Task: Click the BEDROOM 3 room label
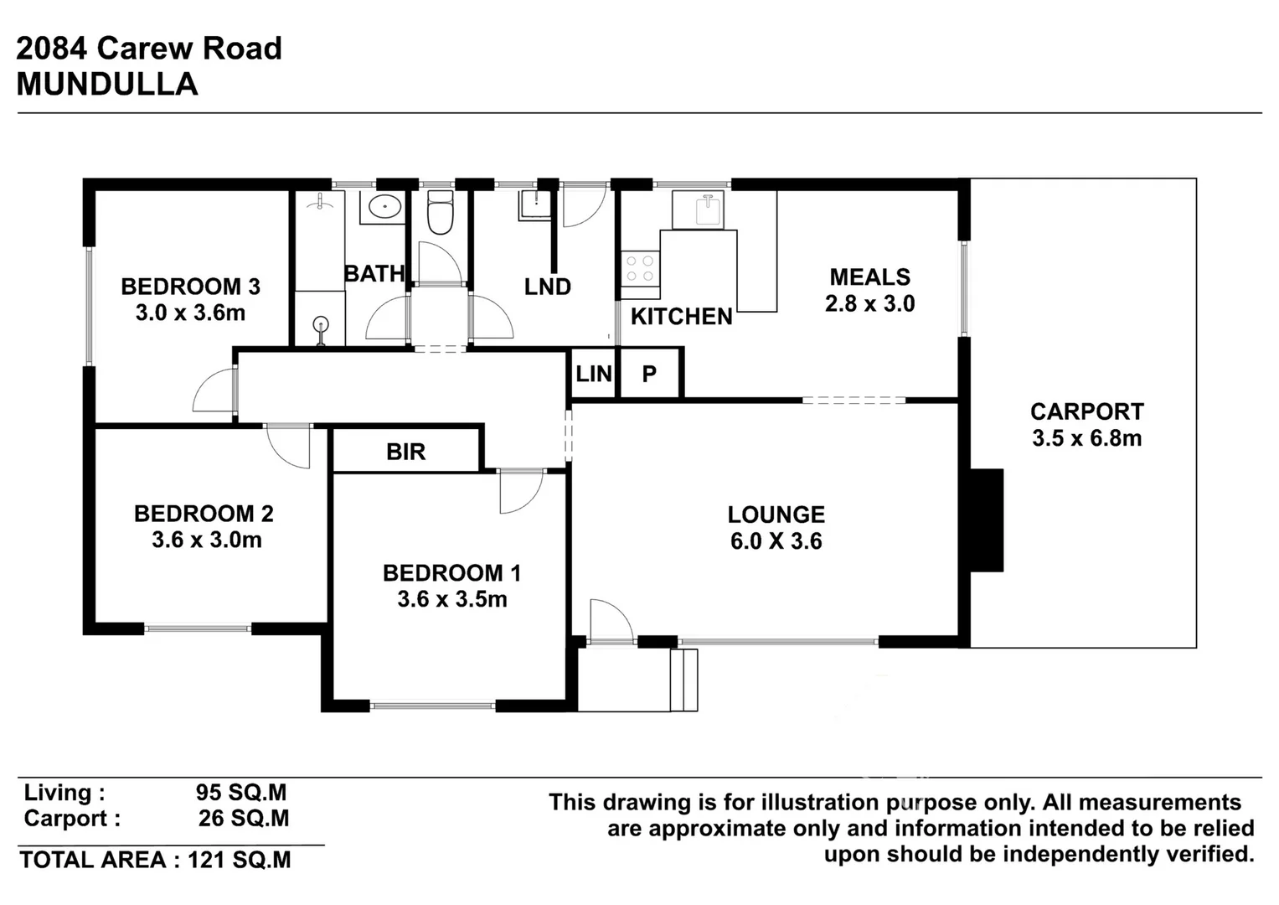[190, 287]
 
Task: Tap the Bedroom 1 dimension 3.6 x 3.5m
[451, 599]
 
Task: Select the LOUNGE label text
[776, 515]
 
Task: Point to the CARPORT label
[1086, 411]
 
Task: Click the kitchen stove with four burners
[640, 269]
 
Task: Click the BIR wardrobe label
[406, 452]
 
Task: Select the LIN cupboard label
[594, 374]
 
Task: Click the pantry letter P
[649, 374]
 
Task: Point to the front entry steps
[684, 680]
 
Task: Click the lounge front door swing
[610, 622]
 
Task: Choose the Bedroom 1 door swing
[519, 492]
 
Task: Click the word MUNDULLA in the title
[107, 85]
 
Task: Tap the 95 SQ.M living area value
[241, 792]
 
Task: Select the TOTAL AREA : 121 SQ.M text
[156, 860]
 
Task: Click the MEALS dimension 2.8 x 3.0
[869, 303]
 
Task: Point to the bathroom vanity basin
[384, 205]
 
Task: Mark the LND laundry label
[548, 287]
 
